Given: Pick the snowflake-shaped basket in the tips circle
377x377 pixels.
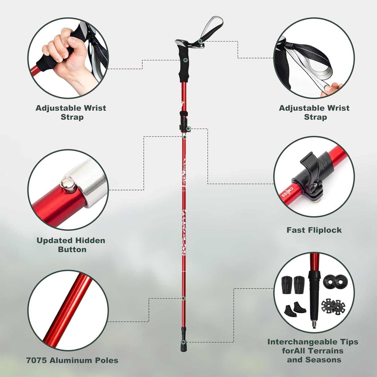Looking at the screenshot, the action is click(333, 307).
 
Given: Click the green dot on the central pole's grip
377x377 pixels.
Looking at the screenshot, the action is click(185, 60).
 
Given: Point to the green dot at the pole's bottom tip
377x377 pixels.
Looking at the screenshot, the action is click(184, 342).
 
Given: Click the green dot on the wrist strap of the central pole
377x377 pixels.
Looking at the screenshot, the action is click(200, 41).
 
